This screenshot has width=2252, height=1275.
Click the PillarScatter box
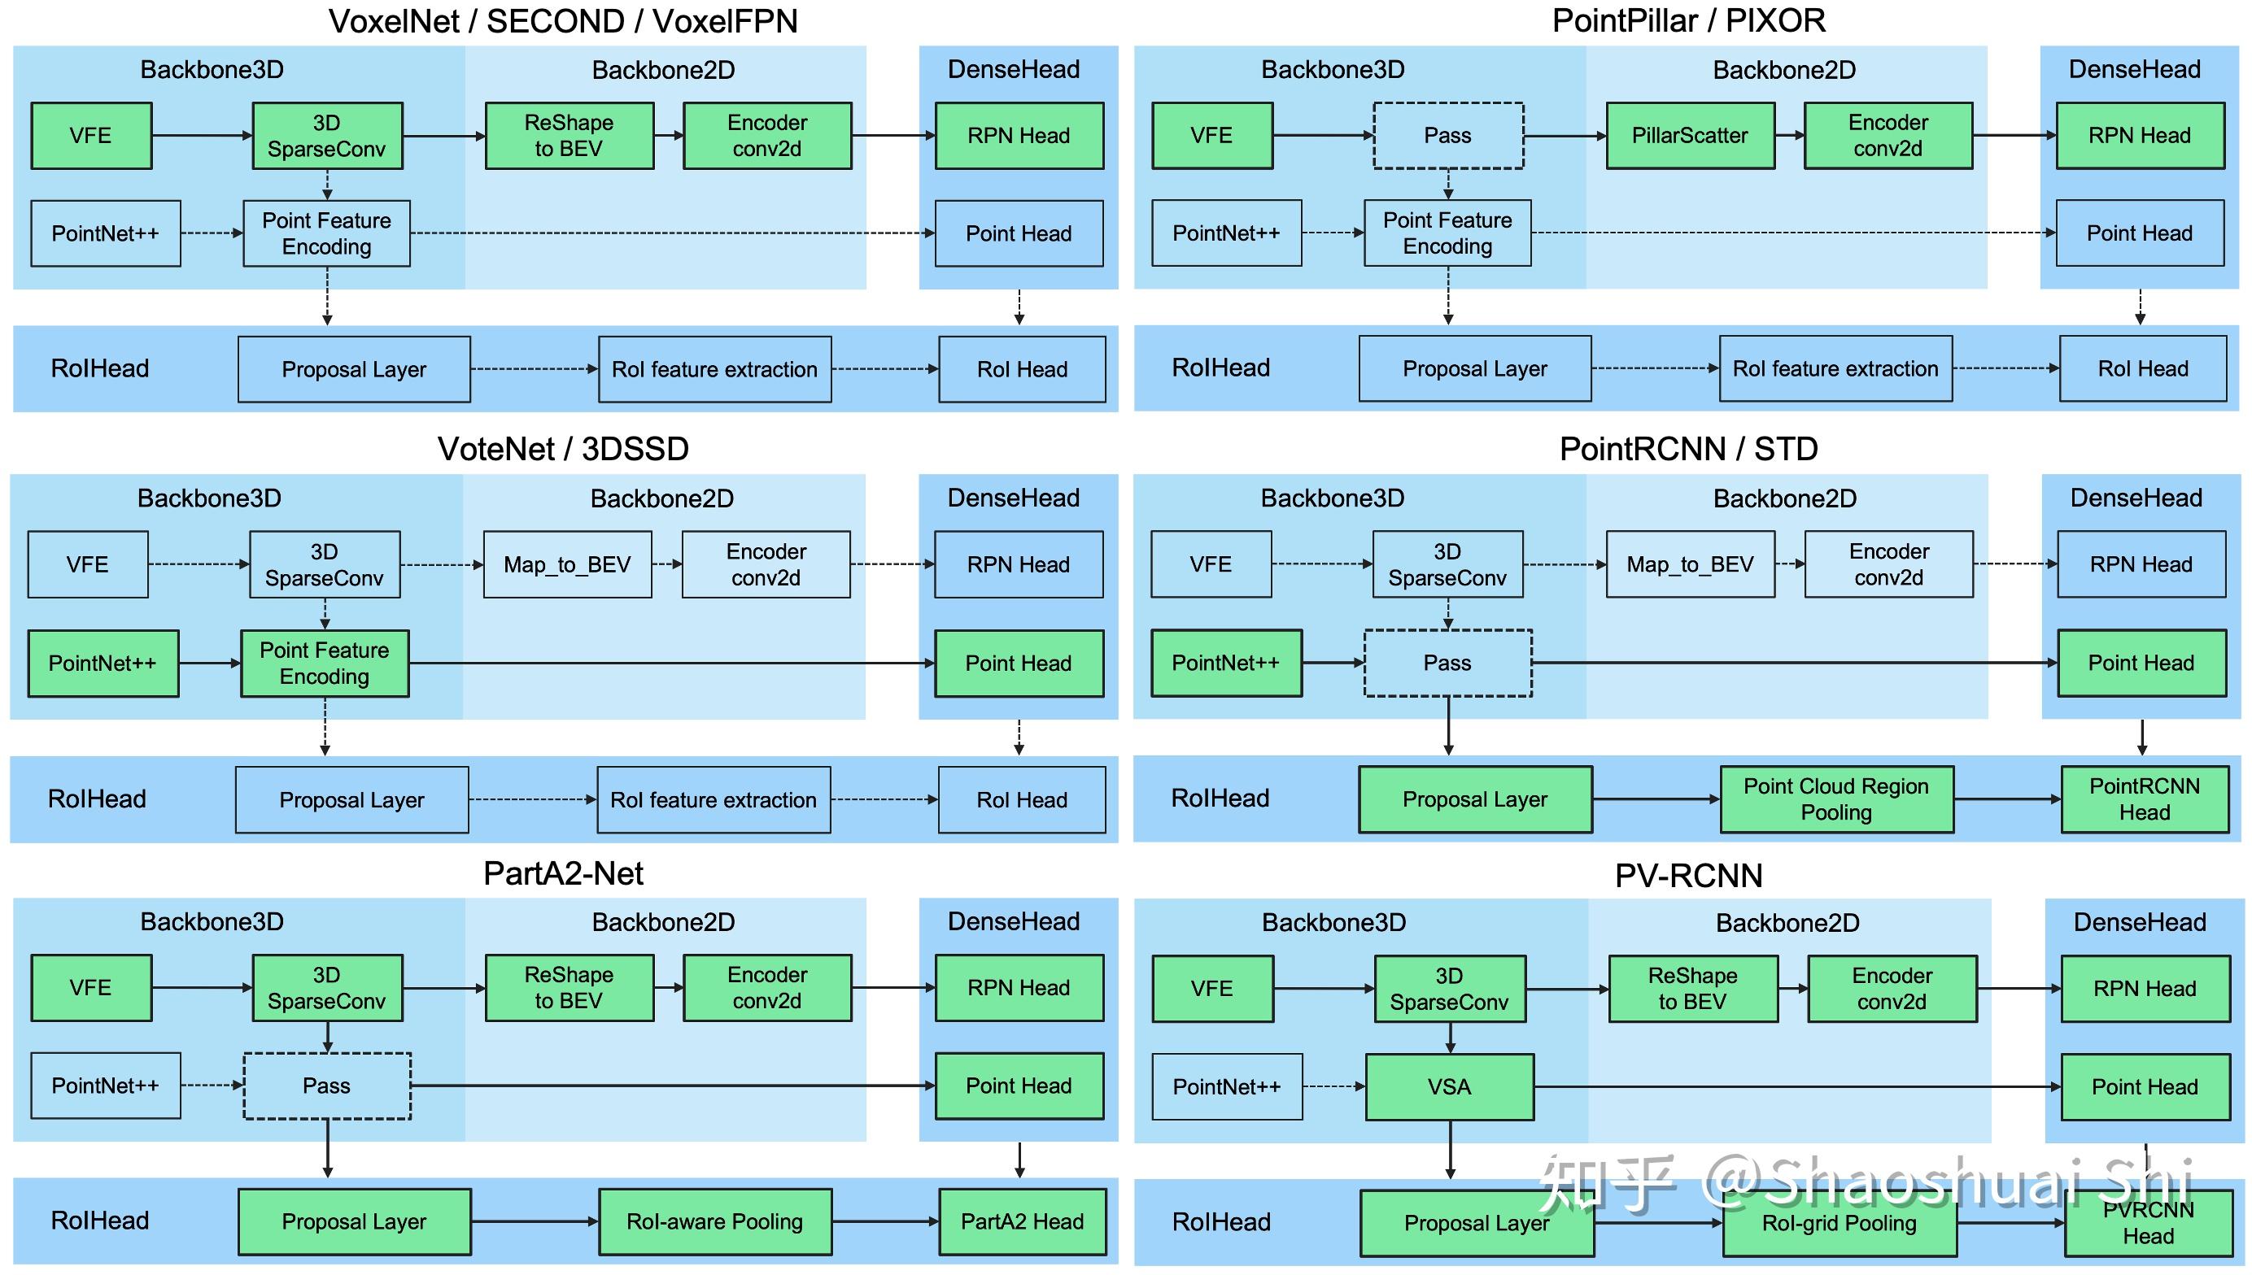(x=1690, y=136)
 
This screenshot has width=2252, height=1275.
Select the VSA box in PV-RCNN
(x=1449, y=1086)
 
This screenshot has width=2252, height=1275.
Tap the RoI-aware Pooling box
(x=715, y=1221)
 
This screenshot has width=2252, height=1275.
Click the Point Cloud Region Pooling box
(x=1836, y=799)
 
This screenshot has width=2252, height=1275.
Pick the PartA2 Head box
(x=1021, y=1221)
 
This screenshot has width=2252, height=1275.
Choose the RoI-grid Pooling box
(x=1839, y=1223)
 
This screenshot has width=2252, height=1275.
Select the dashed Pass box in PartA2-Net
(x=327, y=1086)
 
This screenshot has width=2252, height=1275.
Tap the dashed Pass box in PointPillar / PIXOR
(x=1447, y=136)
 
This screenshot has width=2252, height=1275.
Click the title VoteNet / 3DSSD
(x=563, y=449)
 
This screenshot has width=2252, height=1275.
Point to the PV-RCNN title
(x=1688, y=876)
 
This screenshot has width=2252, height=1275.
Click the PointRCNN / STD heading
(x=1688, y=449)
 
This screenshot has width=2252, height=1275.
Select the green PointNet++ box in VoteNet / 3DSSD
(x=103, y=663)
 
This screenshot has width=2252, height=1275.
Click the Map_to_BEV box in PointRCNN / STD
(x=1690, y=565)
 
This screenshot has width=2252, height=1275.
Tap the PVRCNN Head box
(x=2147, y=1223)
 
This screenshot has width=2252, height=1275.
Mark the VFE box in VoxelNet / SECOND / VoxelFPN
(x=91, y=136)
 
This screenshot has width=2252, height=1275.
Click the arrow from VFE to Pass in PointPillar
(x=1323, y=136)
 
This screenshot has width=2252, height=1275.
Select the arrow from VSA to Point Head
(x=1796, y=1086)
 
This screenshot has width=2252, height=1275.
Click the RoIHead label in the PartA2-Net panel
(x=100, y=1221)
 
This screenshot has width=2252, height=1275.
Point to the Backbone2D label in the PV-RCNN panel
(x=1787, y=923)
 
